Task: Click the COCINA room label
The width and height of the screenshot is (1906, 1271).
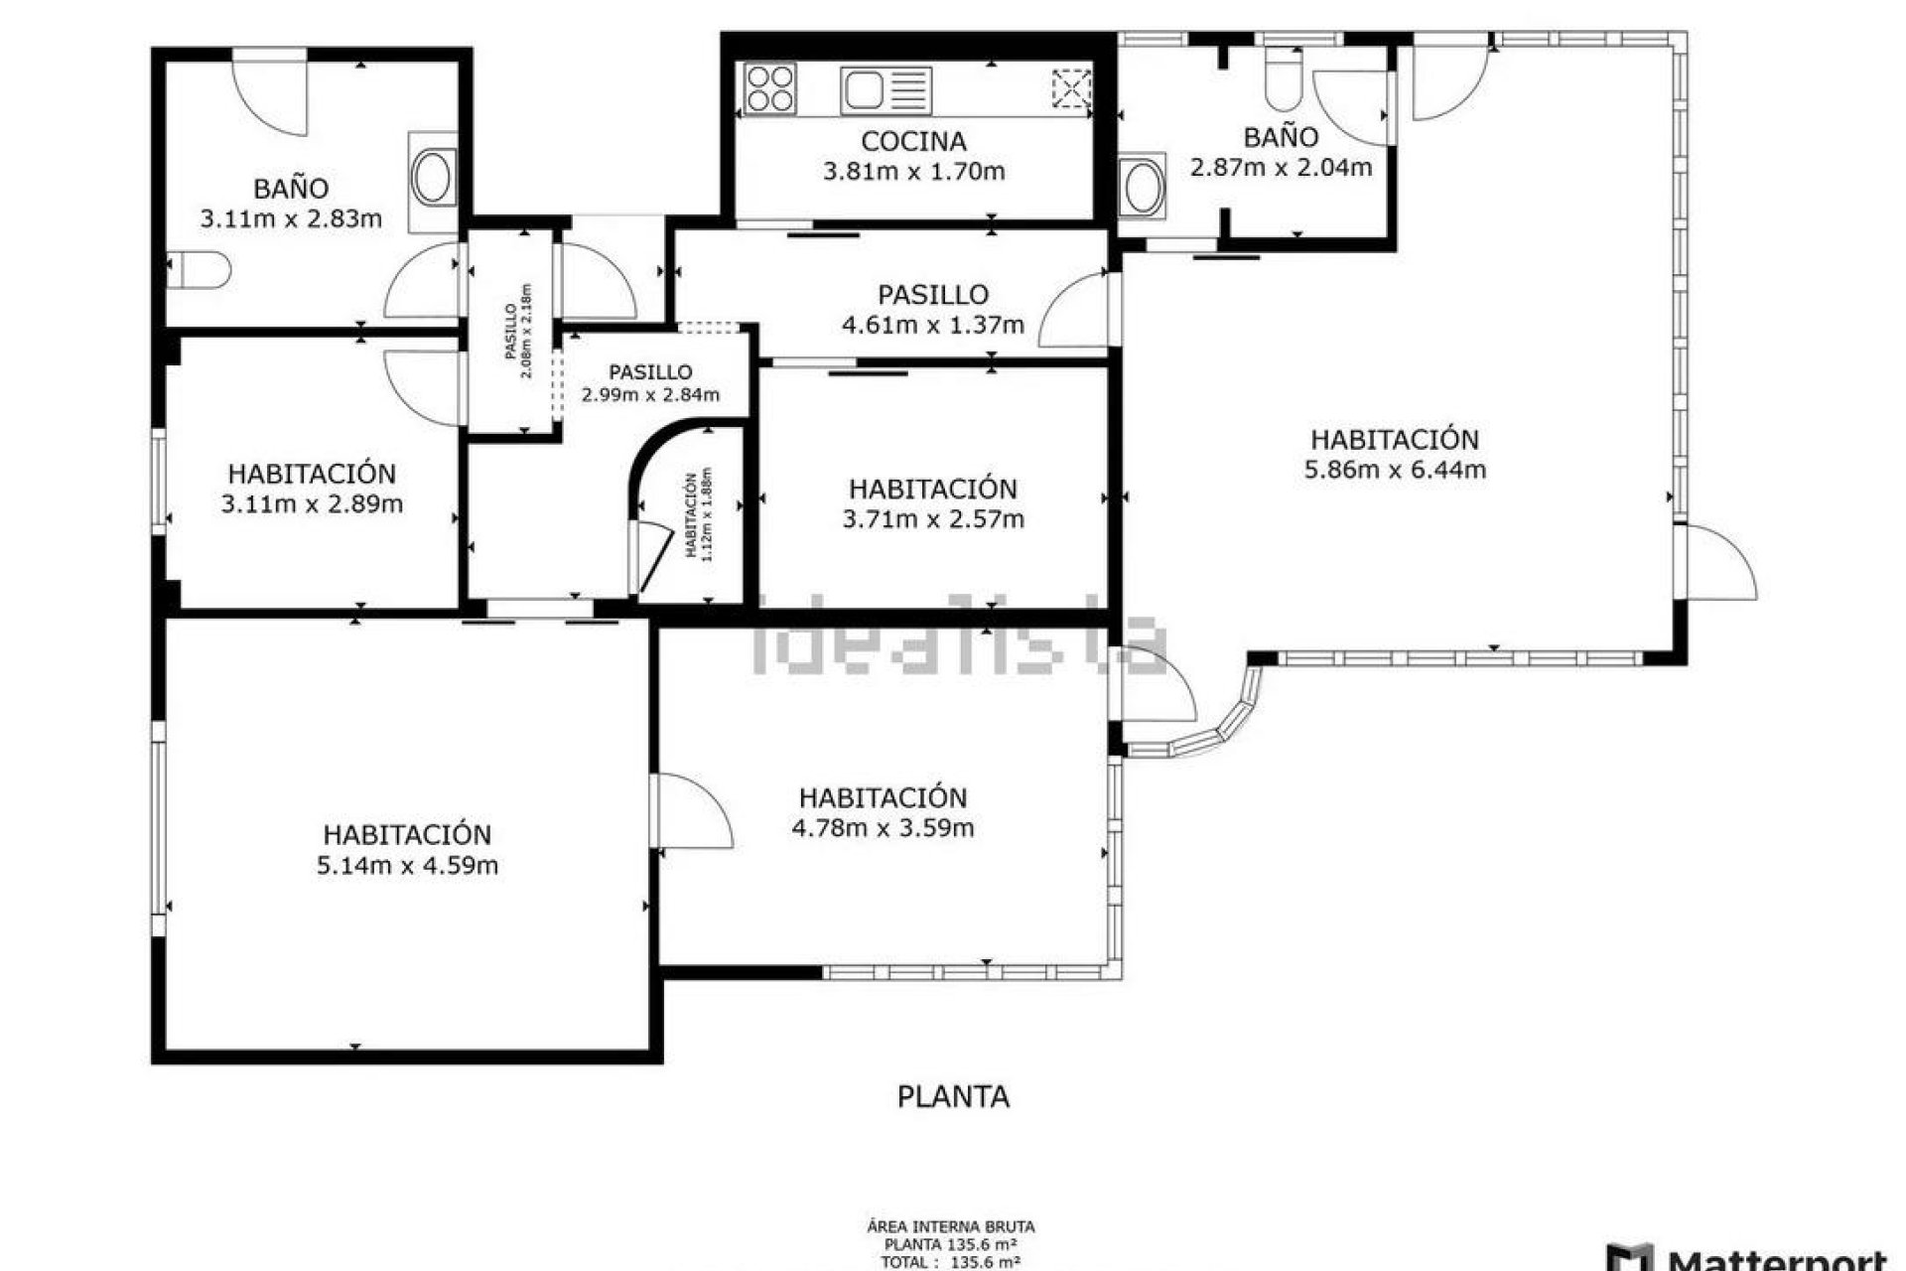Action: (x=913, y=141)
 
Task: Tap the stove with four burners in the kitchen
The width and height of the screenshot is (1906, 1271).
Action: (x=770, y=88)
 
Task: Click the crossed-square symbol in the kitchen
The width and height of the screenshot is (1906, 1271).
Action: (x=1071, y=88)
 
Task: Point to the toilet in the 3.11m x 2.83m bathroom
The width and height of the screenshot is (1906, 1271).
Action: (x=199, y=270)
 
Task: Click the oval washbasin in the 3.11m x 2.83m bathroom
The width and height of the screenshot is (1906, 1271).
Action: (x=434, y=179)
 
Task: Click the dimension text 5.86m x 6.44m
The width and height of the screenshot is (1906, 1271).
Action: (x=1395, y=470)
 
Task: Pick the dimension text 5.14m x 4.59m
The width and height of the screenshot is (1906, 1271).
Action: (x=407, y=866)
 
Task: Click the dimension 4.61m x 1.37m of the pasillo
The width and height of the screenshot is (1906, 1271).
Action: (x=932, y=325)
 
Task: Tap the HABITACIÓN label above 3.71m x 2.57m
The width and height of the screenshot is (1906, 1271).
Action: (x=932, y=489)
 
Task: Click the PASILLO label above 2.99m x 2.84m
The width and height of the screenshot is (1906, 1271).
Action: (x=650, y=372)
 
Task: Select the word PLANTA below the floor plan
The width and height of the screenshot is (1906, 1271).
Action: (x=953, y=1097)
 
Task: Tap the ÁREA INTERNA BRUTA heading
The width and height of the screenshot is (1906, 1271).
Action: (x=951, y=1228)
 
